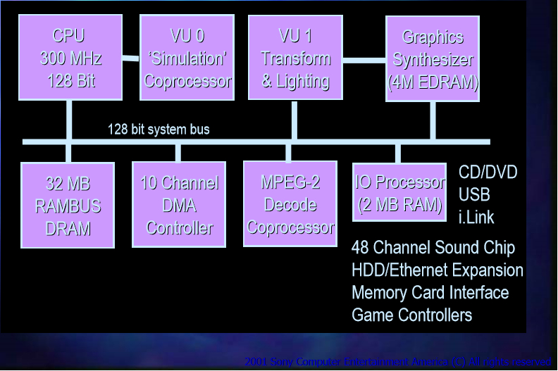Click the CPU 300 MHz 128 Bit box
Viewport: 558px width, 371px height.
[x=69, y=58]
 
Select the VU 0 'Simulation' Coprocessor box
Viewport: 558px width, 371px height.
[x=187, y=58]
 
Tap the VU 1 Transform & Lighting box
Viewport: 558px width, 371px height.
[x=295, y=58]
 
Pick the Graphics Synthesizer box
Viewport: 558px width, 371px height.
[x=433, y=59]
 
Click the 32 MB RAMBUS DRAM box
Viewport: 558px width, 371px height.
[x=68, y=205]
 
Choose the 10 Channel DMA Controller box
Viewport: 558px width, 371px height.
[x=179, y=205]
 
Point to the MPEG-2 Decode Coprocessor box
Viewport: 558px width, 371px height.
[x=289, y=204]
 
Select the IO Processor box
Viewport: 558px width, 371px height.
[x=399, y=193]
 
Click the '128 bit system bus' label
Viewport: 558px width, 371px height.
[x=159, y=130]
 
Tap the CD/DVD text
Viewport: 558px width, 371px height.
[x=488, y=172]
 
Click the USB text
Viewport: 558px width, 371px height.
[x=474, y=194]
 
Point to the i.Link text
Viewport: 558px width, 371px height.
[x=476, y=217]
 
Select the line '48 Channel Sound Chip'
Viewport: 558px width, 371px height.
[x=433, y=248]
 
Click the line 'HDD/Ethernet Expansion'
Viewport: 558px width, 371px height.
[x=437, y=270]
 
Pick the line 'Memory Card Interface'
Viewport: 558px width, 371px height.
[x=430, y=292]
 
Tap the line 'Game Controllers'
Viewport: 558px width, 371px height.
[x=411, y=315]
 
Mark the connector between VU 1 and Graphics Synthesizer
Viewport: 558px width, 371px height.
[x=364, y=59]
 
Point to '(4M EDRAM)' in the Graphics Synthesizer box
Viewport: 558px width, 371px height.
[x=433, y=82]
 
